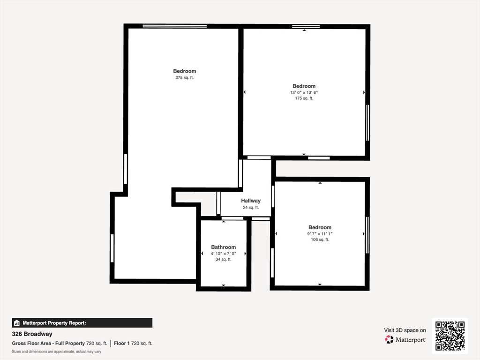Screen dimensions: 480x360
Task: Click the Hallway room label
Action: (251, 201)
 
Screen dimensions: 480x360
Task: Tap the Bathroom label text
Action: (224, 247)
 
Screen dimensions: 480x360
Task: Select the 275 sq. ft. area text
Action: (185, 77)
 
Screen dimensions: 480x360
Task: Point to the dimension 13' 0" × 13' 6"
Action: (304, 92)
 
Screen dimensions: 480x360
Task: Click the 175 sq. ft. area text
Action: (304, 98)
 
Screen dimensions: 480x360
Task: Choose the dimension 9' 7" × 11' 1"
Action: (320, 233)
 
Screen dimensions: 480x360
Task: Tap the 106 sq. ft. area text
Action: (320, 240)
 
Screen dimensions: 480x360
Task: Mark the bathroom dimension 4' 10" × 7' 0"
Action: (224, 254)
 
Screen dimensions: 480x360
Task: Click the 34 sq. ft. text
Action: (224, 259)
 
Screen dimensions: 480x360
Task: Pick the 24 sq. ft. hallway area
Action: (251, 207)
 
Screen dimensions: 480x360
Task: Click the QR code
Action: (450, 336)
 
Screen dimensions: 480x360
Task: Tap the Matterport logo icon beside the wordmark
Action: (389, 339)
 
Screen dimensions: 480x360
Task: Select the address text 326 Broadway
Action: (32, 334)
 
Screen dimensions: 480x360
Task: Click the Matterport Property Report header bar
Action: (82, 323)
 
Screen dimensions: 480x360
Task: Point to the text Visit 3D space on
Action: (405, 330)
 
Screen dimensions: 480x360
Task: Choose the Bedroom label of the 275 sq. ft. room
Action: (185, 71)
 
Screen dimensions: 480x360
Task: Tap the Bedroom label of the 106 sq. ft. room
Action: (320, 227)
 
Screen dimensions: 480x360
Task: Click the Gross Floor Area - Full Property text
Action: (48, 344)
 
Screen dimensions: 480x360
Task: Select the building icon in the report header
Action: (17, 323)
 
